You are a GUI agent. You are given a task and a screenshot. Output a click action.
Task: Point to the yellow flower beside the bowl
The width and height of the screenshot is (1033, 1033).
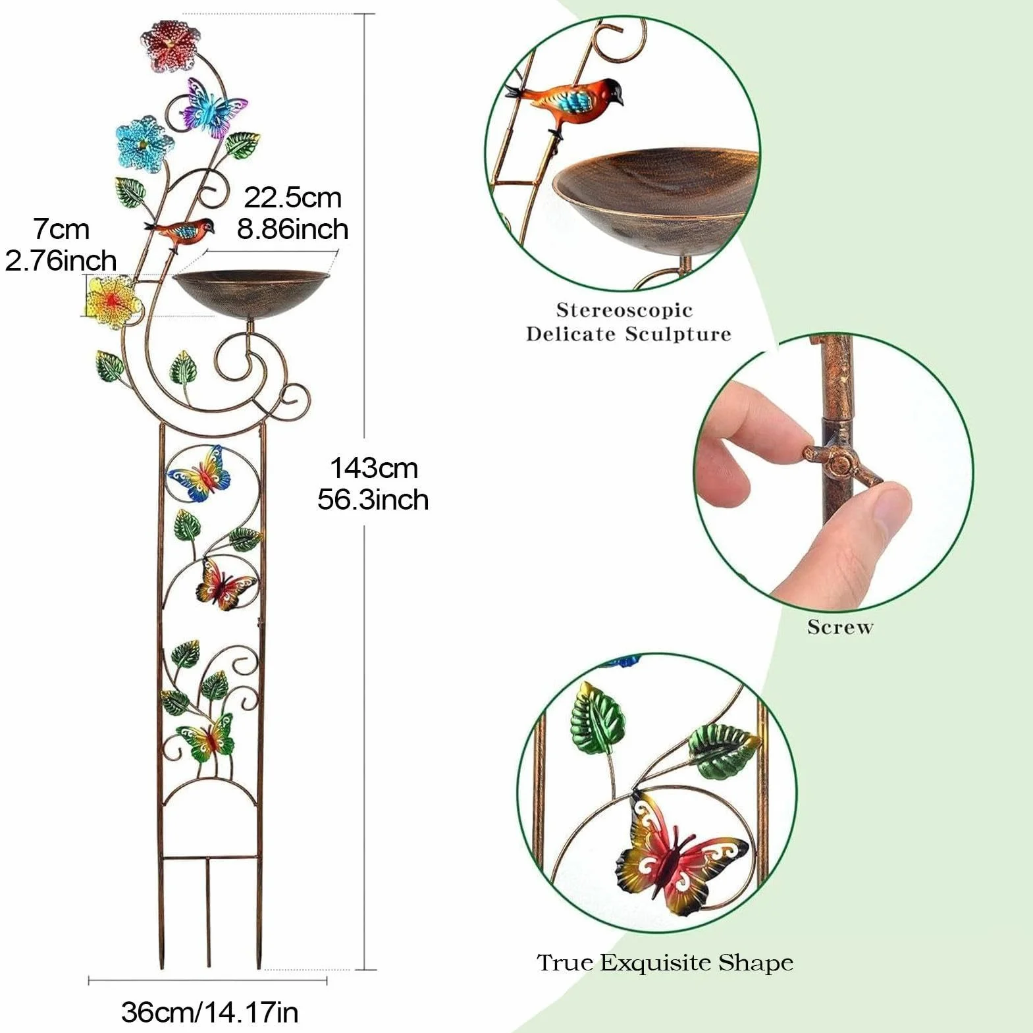114,303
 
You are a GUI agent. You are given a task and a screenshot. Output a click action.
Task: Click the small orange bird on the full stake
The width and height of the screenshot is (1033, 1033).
182,232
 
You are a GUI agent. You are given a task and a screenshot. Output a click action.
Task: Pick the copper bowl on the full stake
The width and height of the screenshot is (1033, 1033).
250,294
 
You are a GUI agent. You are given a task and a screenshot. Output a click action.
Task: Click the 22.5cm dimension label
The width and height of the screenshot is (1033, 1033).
293,198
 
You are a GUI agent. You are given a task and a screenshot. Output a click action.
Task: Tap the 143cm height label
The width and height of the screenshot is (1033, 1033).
373,468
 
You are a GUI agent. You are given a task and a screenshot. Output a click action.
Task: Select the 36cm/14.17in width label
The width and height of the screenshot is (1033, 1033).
209,1012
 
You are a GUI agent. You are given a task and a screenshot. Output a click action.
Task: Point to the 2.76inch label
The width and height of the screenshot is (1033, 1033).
61,260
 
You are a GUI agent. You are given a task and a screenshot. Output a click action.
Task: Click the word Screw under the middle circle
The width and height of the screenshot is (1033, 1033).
840,627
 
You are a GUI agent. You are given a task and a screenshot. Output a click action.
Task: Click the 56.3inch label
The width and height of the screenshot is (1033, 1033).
373,500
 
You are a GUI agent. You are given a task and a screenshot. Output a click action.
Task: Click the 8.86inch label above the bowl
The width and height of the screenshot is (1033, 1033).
293,229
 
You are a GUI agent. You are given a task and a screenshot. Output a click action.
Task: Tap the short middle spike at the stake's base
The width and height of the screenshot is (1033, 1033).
209,912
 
